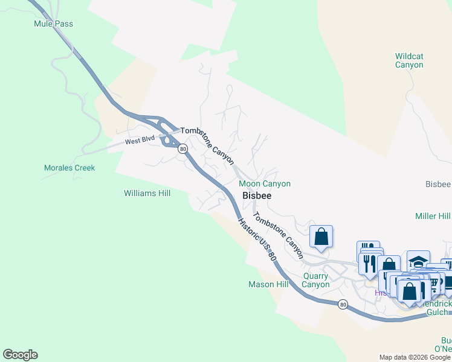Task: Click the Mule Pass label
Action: pos(54,24)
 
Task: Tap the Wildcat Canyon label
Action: pos(409,60)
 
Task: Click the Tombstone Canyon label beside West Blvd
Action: pos(207,145)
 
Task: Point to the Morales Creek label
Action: pos(69,168)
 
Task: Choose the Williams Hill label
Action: pos(147,194)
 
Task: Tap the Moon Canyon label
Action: pos(265,183)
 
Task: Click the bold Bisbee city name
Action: pos(257,195)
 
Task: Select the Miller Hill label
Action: pos(433,216)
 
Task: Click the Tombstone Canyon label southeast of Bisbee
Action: pos(278,235)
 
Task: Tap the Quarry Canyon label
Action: pos(316,281)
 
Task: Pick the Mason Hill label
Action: pos(269,284)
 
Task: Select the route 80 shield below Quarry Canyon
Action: pos(343,304)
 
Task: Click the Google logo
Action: pos(20,355)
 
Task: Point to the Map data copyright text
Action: pos(415,357)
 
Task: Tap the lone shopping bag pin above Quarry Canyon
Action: pos(321,236)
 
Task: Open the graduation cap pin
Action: pos(418,261)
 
